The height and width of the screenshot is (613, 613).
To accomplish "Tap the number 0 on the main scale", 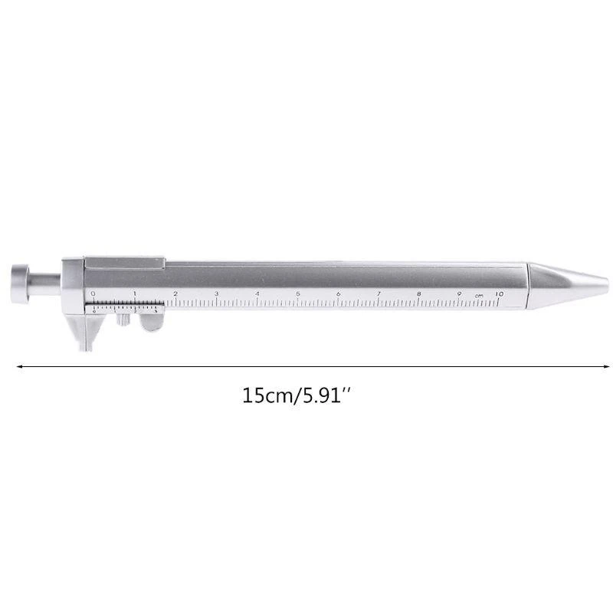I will tap(93, 293).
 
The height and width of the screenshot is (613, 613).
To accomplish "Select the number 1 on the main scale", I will tap(134, 293).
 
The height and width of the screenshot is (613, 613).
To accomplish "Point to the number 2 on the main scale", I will tap(175, 293).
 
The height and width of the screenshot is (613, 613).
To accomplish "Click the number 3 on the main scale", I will tap(216, 293).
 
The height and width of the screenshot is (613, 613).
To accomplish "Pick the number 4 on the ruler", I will tap(257, 293).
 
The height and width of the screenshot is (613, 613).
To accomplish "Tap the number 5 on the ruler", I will tap(297, 293).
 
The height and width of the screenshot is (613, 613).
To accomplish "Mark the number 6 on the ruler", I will tap(338, 293).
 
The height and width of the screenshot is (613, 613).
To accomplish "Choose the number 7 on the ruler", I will tap(379, 293).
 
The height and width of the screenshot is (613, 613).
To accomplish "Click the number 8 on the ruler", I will tap(419, 293).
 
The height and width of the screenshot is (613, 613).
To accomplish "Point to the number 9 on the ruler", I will tap(460, 293).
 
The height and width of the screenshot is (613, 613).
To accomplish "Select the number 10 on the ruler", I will tap(499, 293).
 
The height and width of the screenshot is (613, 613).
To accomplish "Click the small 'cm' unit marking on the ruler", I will tap(479, 295).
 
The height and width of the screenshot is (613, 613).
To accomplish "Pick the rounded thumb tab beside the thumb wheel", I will tap(153, 323).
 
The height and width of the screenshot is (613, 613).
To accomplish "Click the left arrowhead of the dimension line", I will tap(18, 366).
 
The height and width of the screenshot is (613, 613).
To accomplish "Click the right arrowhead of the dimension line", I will tap(595, 366).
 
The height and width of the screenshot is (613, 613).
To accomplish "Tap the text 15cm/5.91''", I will tap(297, 397).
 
